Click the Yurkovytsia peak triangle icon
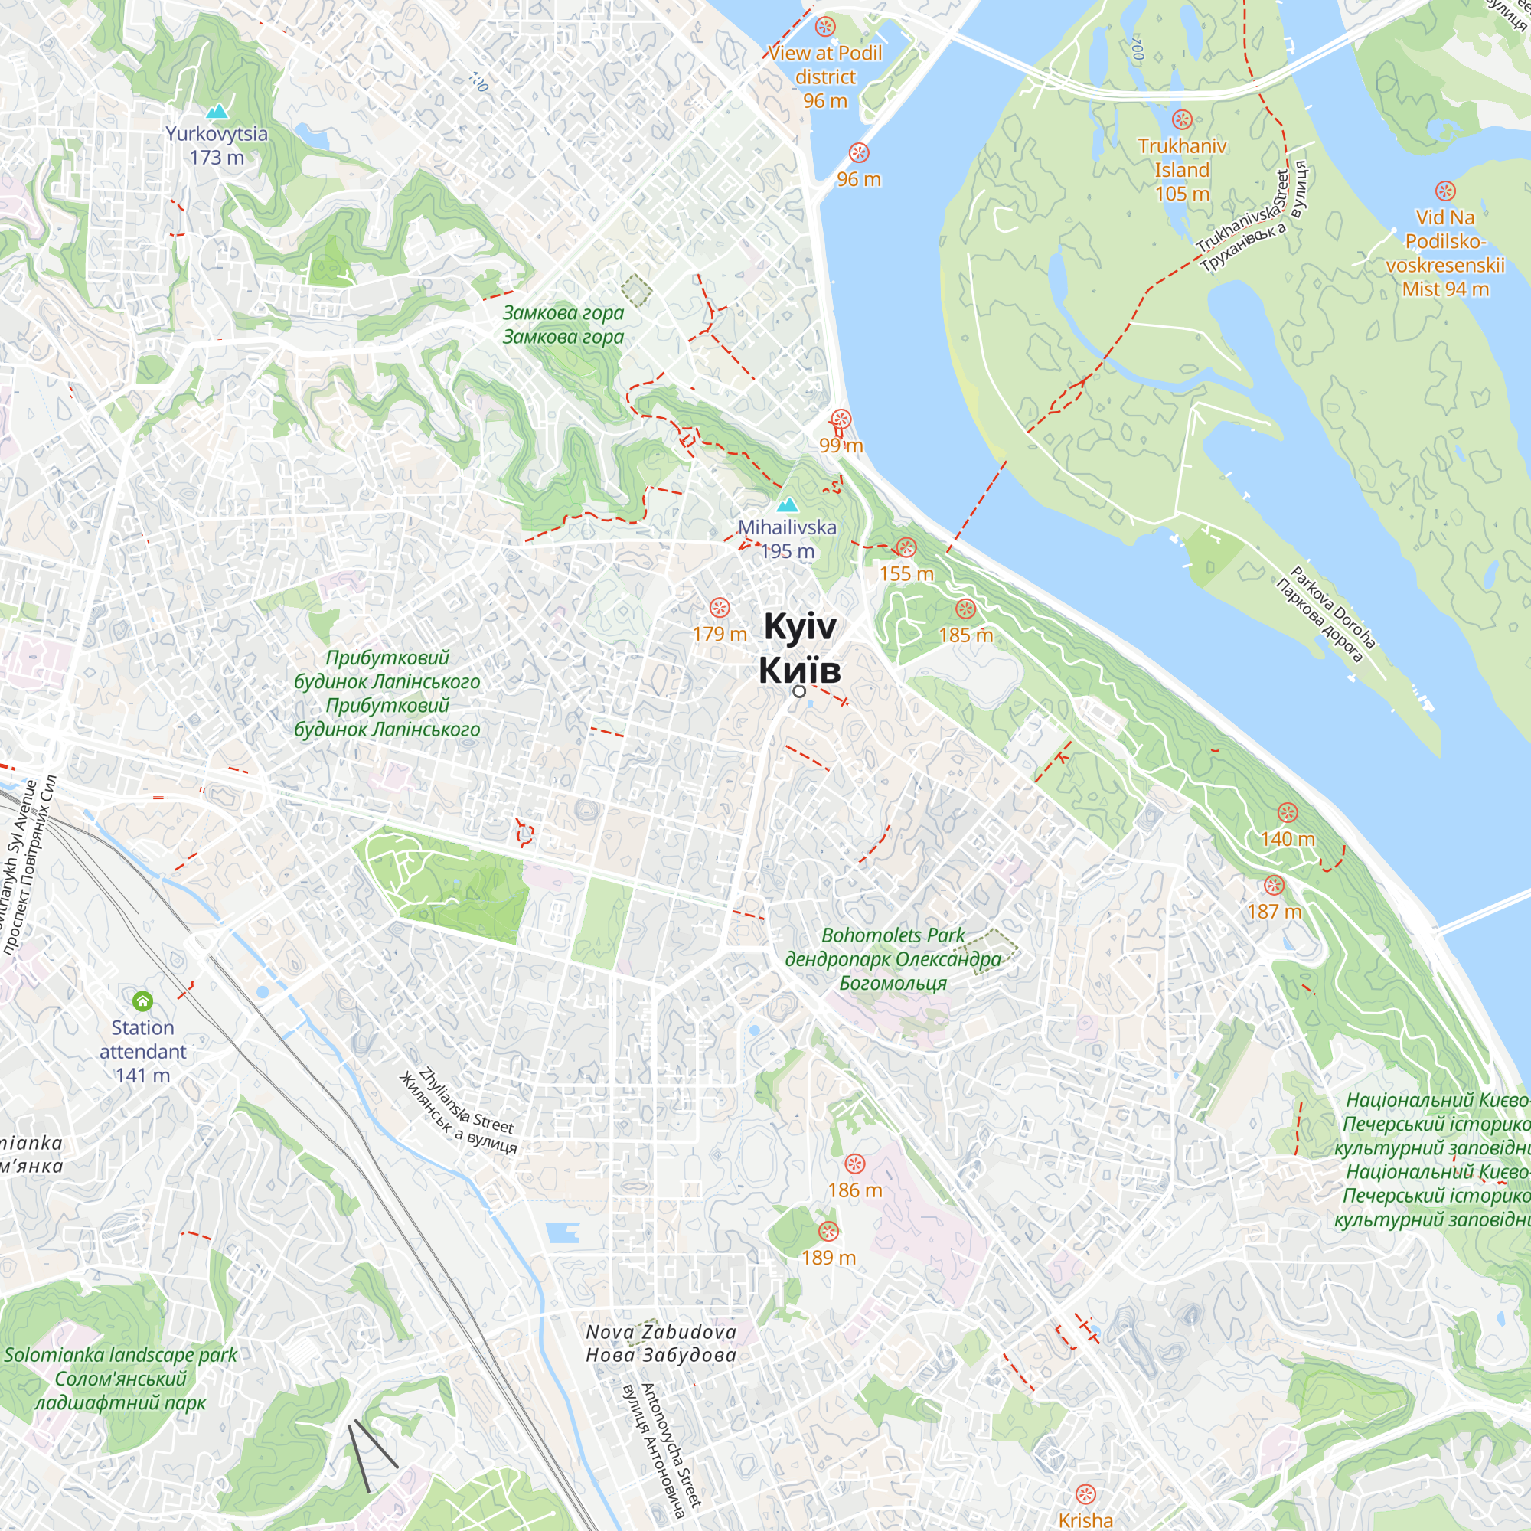pyautogui.click(x=217, y=112)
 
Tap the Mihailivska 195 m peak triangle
pyautogui.click(x=787, y=504)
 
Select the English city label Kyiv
pyautogui.click(x=800, y=627)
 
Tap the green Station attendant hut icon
pyautogui.click(x=142, y=1001)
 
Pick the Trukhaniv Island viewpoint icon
pyautogui.click(x=1181, y=120)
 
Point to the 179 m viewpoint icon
pyautogui.click(x=719, y=608)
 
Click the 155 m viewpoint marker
pyautogui.click(x=906, y=547)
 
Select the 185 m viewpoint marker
pyautogui.click(x=965, y=609)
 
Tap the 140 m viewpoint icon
pyautogui.click(x=1287, y=813)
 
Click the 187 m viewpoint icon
pyautogui.click(x=1274, y=885)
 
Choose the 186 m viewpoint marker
pyautogui.click(x=854, y=1164)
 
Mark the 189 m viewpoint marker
pyautogui.click(x=828, y=1232)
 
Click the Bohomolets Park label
pyautogui.click(x=893, y=936)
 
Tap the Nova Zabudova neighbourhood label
pyautogui.click(x=661, y=1332)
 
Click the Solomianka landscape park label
pyautogui.click(x=120, y=1354)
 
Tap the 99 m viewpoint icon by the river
pyautogui.click(x=840, y=419)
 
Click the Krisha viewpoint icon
pyautogui.click(x=1085, y=1494)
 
